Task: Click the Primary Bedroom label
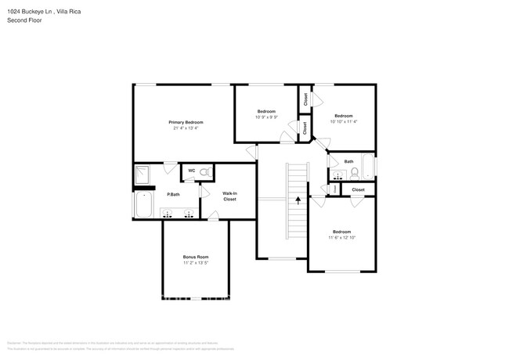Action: click(x=186, y=122)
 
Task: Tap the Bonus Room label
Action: click(x=196, y=257)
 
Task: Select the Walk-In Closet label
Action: click(x=229, y=196)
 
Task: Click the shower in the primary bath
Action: click(x=144, y=176)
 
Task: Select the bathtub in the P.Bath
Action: click(x=143, y=207)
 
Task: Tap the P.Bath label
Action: click(x=172, y=194)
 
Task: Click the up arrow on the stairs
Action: click(x=298, y=201)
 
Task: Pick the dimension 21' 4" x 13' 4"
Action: click(x=186, y=128)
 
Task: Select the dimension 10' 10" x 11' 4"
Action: click(x=343, y=121)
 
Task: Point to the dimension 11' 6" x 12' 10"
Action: click(x=341, y=237)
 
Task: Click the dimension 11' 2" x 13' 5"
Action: click(x=196, y=263)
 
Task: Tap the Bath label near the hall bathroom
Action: click(x=348, y=161)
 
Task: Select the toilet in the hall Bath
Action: click(x=354, y=171)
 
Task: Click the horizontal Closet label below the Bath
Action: click(x=358, y=189)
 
